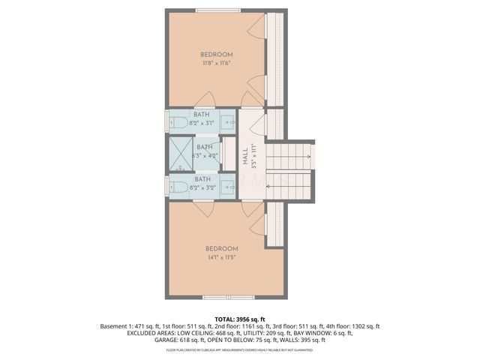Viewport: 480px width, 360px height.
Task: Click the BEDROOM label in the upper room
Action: (x=216, y=55)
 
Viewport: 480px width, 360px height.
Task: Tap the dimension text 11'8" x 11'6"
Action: (x=216, y=63)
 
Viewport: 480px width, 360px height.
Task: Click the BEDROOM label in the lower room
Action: (x=222, y=249)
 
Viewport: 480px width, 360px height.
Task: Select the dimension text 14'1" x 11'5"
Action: (x=222, y=257)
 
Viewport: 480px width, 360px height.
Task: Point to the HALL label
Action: (x=245, y=154)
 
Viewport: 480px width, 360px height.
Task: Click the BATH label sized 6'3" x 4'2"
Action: (x=205, y=147)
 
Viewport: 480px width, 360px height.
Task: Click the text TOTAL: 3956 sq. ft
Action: (x=240, y=319)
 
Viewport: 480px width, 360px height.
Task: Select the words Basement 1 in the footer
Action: (x=117, y=326)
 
